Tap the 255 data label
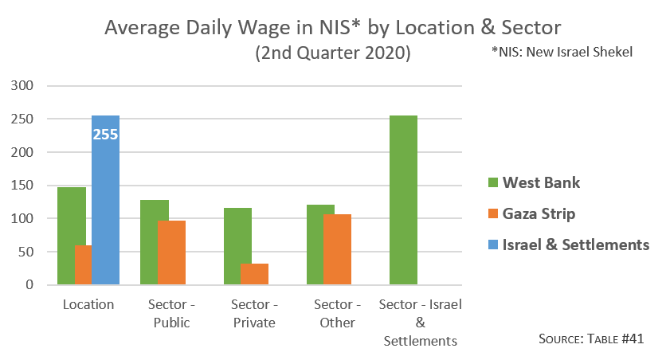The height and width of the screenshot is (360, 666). pos(105,135)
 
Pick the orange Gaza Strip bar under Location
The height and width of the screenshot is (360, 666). pos(83,264)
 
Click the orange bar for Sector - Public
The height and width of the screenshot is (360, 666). pos(171,252)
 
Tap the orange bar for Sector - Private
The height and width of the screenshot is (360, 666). pos(254,274)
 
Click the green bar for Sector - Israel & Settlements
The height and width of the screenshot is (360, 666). pos(403,200)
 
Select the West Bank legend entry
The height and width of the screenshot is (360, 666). pos(534,183)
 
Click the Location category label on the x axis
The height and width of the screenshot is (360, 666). pos(88,305)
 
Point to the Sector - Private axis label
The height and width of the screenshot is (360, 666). pos(253,314)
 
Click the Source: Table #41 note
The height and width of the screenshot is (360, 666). pos(590,338)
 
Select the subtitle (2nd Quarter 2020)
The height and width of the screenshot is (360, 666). pos(332,54)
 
